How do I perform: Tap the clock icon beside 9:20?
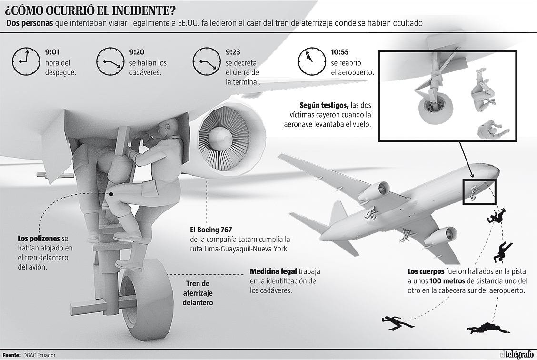(x=111, y=61)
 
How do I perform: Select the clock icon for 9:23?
(x=207, y=61)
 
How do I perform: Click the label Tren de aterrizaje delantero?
(x=198, y=292)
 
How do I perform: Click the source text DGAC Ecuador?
(x=39, y=355)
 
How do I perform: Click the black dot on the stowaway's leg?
(x=111, y=194)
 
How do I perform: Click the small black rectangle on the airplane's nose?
(x=479, y=191)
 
